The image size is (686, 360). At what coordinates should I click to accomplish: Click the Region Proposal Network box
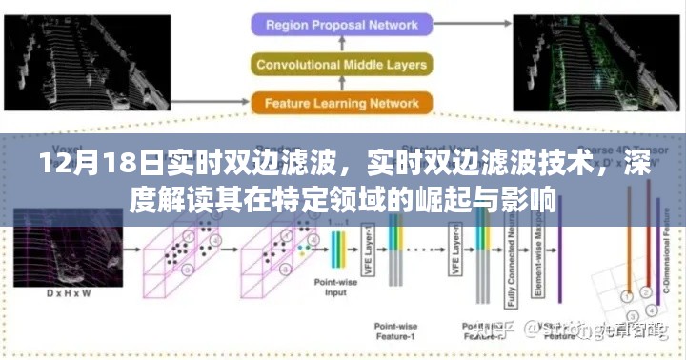343,25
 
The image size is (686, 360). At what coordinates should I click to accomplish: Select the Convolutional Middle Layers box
343,64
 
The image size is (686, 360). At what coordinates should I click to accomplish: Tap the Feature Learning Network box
343,103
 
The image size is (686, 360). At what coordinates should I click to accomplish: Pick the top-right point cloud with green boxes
595,57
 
